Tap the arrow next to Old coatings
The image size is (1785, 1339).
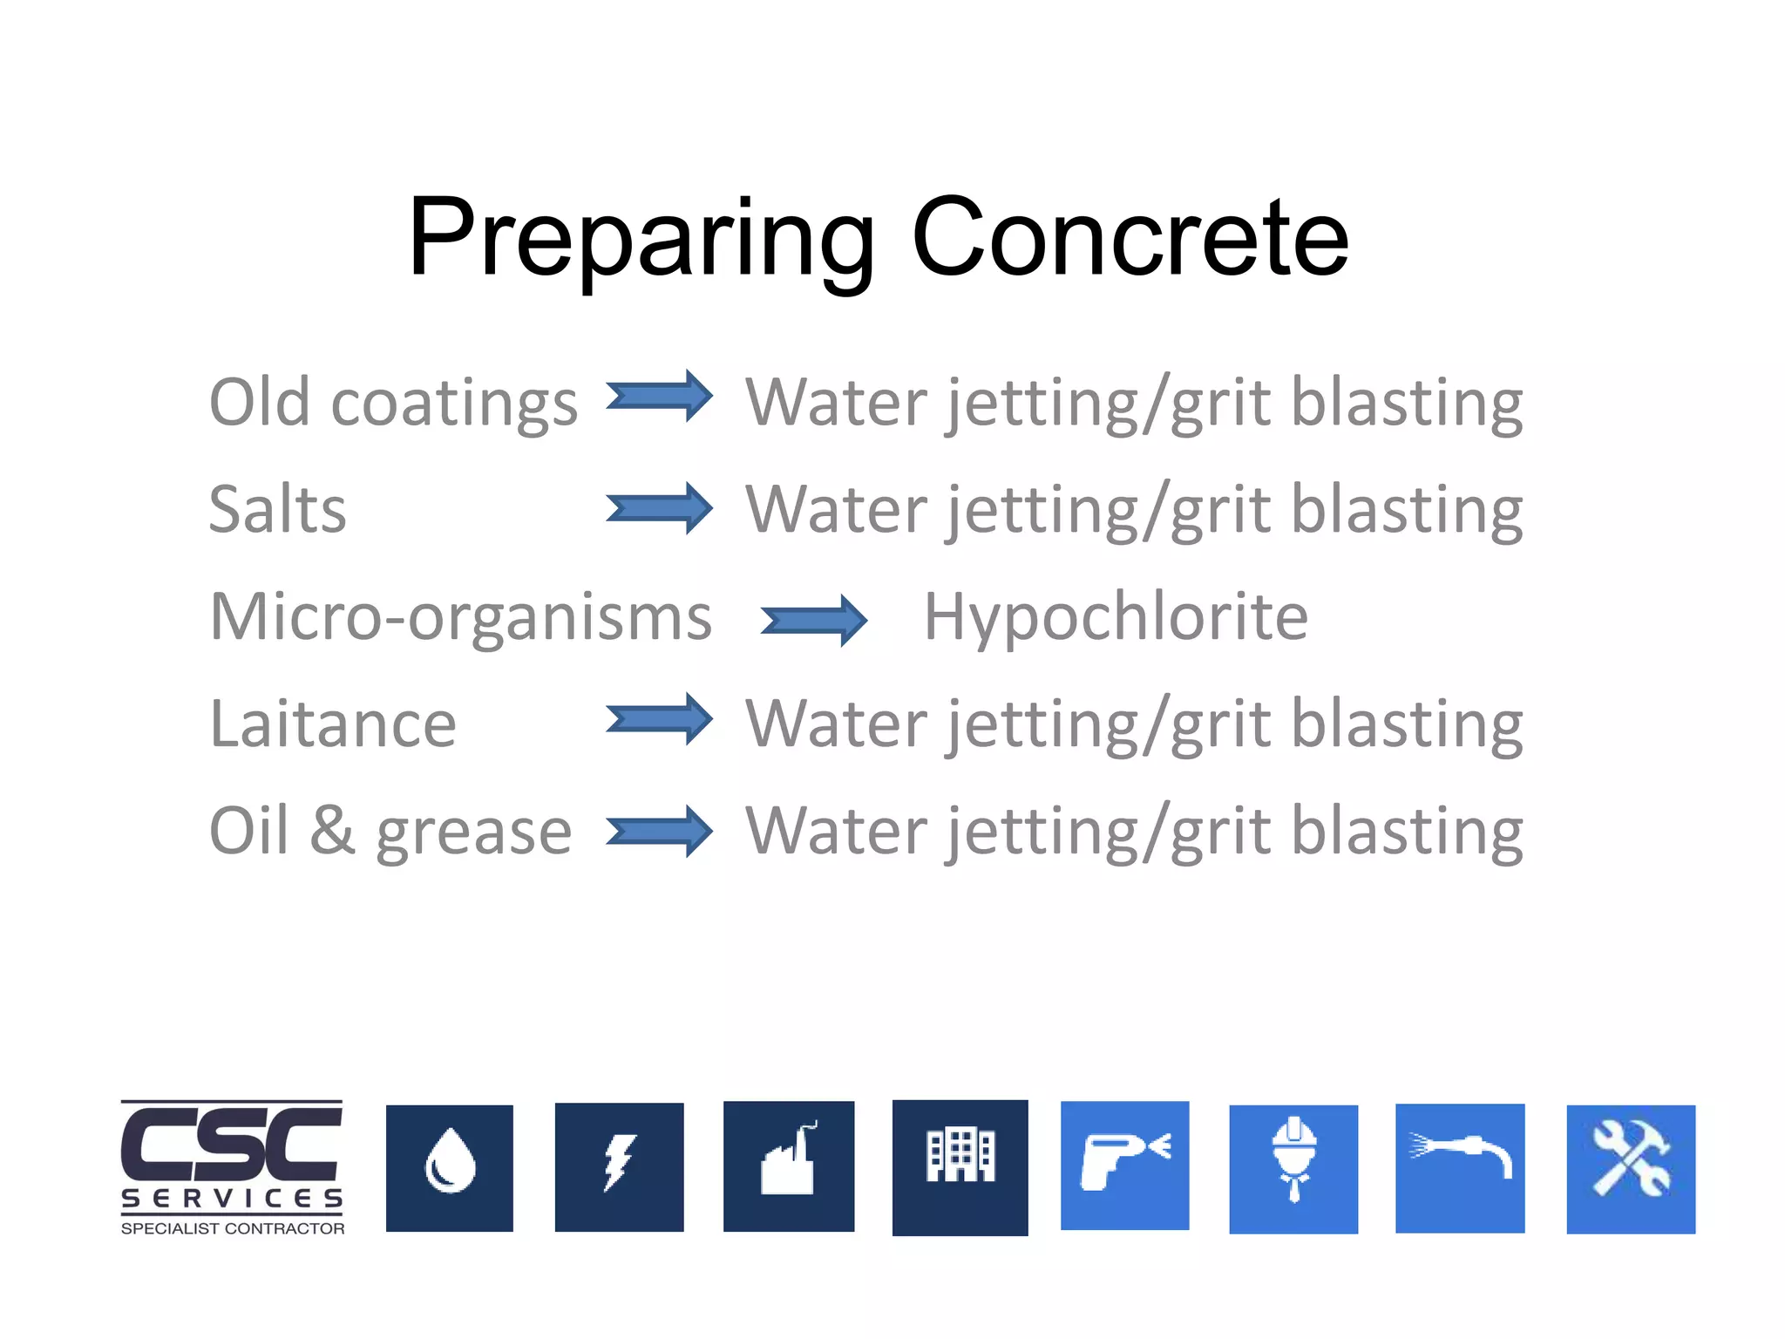click(x=659, y=397)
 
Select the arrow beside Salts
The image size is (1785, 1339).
click(x=659, y=508)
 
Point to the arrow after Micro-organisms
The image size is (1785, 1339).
click(x=813, y=621)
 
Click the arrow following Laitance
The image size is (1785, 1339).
click(x=659, y=719)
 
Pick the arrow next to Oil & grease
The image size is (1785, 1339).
click(x=659, y=831)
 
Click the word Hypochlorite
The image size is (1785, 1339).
click(x=1116, y=617)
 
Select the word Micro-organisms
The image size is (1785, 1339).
click(x=460, y=617)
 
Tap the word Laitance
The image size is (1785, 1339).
click(x=333, y=724)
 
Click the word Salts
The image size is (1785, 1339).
click(x=277, y=509)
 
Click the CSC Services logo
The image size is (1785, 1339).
click(x=232, y=1167)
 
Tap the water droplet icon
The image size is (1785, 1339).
click(x=450, y=1168)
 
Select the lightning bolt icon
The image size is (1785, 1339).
click(x=619, y=1166)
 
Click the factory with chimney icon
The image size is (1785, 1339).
click(x=789, y=1166)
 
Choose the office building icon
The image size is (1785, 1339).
click(x=960, y=1166)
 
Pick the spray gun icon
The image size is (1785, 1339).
click(x=1124, y=1166)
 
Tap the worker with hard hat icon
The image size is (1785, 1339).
click(x=1293, y=1168)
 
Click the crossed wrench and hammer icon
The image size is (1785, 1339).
click(x=1631, y=1169)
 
